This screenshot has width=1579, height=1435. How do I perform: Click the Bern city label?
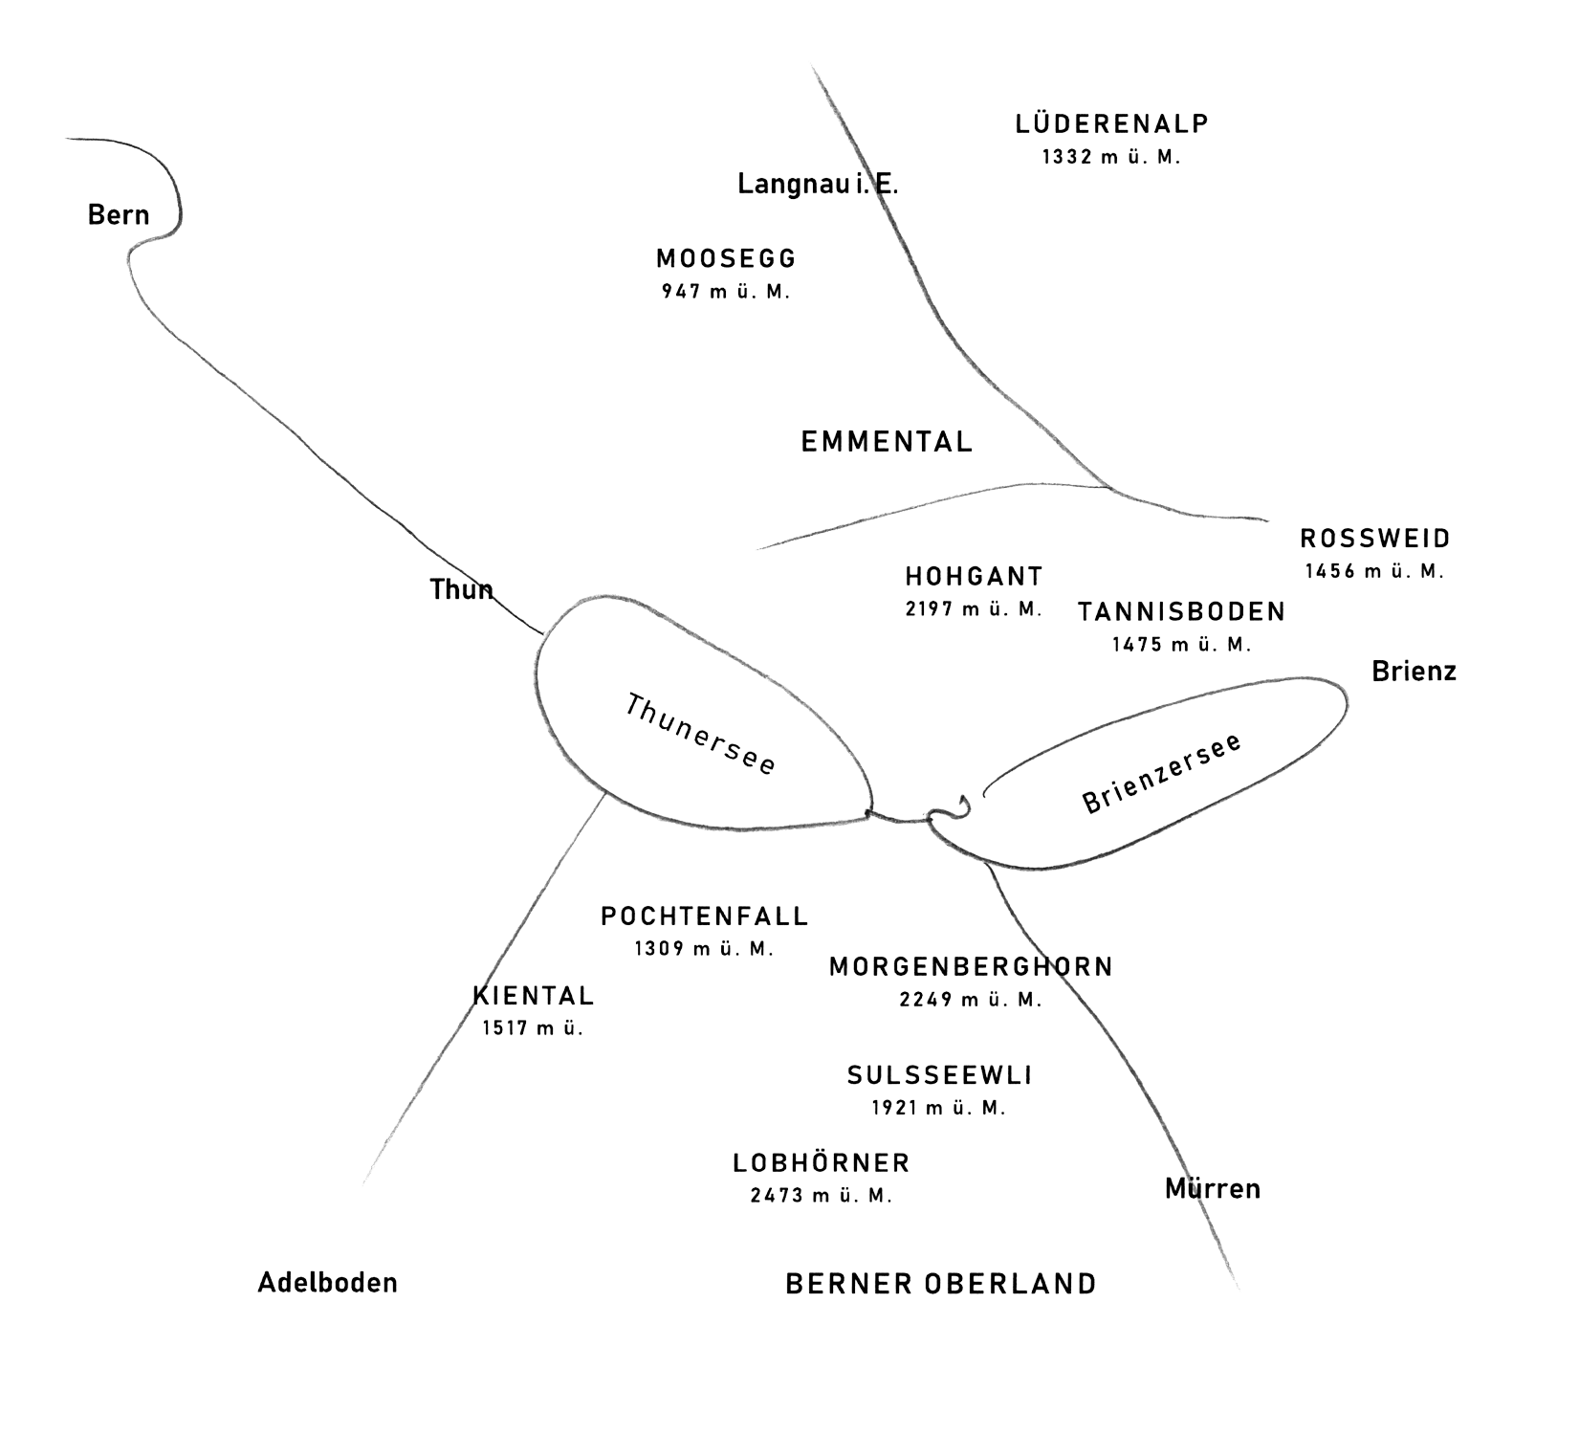119,214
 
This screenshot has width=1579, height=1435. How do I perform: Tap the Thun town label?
462,589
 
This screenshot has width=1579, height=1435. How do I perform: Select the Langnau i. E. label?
817,184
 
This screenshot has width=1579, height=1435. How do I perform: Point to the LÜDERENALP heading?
1111,123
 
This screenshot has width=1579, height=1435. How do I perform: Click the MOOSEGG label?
725,258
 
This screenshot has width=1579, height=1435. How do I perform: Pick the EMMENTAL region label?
886,441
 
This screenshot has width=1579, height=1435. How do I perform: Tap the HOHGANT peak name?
974,576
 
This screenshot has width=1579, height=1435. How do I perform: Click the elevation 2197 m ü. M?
974,608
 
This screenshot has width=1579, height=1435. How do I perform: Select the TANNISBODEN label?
1181,611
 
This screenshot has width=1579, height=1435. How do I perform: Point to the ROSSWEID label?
1373,539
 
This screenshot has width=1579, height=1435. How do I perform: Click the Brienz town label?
1414,672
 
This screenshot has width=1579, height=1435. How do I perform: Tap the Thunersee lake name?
700,735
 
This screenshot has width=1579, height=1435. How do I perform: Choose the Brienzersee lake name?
1162,773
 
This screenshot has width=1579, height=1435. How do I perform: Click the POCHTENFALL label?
704,916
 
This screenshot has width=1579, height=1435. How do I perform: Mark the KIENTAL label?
534,996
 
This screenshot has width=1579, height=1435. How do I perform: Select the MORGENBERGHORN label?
971,967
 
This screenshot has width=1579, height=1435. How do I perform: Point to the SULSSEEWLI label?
939,1075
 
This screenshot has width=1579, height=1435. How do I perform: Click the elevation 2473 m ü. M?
822,1196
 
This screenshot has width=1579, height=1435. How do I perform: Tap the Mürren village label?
1213,1189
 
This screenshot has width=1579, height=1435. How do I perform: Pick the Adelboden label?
327,1283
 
